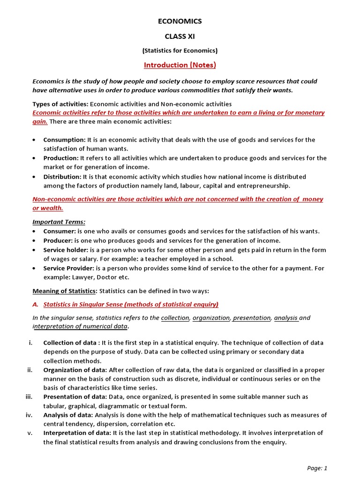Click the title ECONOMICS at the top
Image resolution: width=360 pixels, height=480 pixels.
pyautogui.click(x=180, y=21)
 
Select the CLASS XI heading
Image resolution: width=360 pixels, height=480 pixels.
pyautogui.click(x=180, y=36)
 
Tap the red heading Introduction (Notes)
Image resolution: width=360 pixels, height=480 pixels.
pyautogui.click(x=180, y=65)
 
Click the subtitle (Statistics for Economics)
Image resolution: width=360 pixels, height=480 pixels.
pyautogui.click(x=180, y=51)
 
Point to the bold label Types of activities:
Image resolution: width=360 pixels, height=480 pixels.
pyautogui.click(x=60, y=104)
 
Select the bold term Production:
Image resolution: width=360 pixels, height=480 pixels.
pyautogui.click(x=61, y=158)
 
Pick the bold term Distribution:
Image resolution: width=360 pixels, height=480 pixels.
pyautogui.click(x=62, y=177)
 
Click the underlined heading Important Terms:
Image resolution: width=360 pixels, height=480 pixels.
pyautogui.click(x=59, y=222)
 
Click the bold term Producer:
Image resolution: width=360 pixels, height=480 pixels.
pyautogui.click(x=60, y=240)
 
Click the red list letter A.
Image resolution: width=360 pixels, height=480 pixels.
pyautogui.click(x=35, y=304)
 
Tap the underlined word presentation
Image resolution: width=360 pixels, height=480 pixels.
pyautogui.click(x=252, y=318)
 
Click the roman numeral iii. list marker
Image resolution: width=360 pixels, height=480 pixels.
pyautogui.click(x=29, y=397)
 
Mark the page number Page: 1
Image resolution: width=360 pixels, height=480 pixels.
pyautogui.click(x=317, y=468)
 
